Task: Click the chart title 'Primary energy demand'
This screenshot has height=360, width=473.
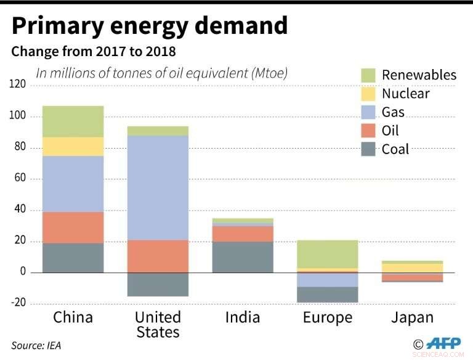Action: [x=149, y=26]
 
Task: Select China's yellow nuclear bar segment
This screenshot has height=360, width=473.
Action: [x=73, y=146]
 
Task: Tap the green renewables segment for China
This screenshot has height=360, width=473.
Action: [x=73, y=121]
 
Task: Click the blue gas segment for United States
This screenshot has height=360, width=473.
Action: [x=158, y=187]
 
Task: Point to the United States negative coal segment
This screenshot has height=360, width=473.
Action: [x=158, y=284]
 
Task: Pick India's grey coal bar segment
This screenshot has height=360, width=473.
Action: [x=243, y=257]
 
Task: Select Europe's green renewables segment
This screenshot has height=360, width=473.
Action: [x=328, y=254]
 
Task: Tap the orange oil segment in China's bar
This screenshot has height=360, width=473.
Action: [x=73, y=227]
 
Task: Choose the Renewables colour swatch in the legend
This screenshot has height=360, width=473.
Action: [x=368, y=75]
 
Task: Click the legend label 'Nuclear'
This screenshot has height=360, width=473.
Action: [x=405, y=94]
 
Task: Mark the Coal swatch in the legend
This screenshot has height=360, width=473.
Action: [x=368, y=149]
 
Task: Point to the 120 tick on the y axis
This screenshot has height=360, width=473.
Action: [x=17, y=84]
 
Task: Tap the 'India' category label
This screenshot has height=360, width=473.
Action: [x=243, y=317]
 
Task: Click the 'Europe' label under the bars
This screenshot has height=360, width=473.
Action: [x=328, y=318]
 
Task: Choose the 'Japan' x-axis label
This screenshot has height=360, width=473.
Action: [x=413, y=317]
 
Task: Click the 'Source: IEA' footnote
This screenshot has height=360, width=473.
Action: [x=36, y=346]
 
